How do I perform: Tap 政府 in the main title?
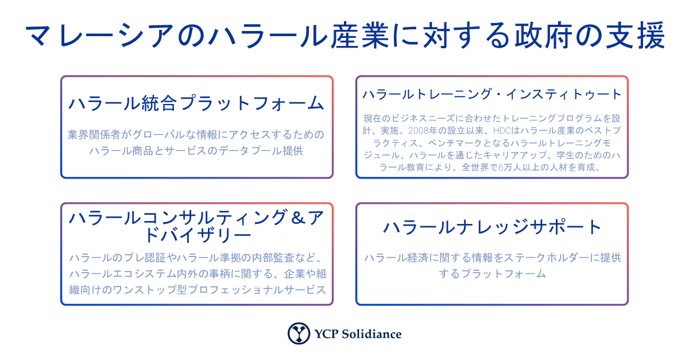(x=543, y=36)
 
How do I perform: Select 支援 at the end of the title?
(x=635, y=36)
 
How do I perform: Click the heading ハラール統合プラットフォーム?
(x=196, y=103)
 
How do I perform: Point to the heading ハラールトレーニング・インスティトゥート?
(x=492, y=94)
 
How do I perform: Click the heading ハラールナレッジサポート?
(x=492, y=227)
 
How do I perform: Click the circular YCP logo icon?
(x=299, y=333)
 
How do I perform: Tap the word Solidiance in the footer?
(x=371, y=334)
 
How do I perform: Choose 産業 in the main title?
(x=360, y=36)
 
